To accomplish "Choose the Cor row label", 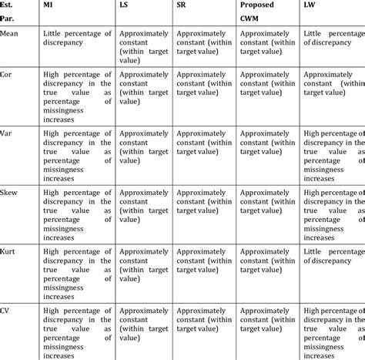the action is (8, 76).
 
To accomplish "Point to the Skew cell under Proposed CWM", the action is (267, 200).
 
